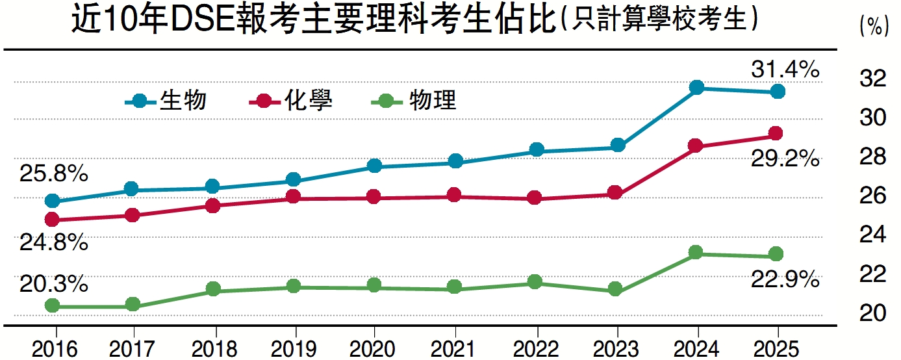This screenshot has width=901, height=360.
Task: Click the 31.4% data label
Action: (785, 69)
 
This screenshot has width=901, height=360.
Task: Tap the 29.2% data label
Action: (785, 158)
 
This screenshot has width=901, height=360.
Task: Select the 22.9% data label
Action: (785, 280)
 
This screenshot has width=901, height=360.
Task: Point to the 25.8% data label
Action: (53, 174)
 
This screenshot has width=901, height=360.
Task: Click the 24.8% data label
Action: (53, 243)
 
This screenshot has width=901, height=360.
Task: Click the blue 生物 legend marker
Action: (140, 101)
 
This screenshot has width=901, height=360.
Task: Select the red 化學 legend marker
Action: (264, 101)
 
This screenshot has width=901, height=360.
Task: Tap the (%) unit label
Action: (873, 27)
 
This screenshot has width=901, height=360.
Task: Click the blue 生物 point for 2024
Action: (696, 88)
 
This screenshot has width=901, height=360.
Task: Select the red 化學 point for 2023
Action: (615, 192)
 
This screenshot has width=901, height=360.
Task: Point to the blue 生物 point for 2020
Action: (374, 166)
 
